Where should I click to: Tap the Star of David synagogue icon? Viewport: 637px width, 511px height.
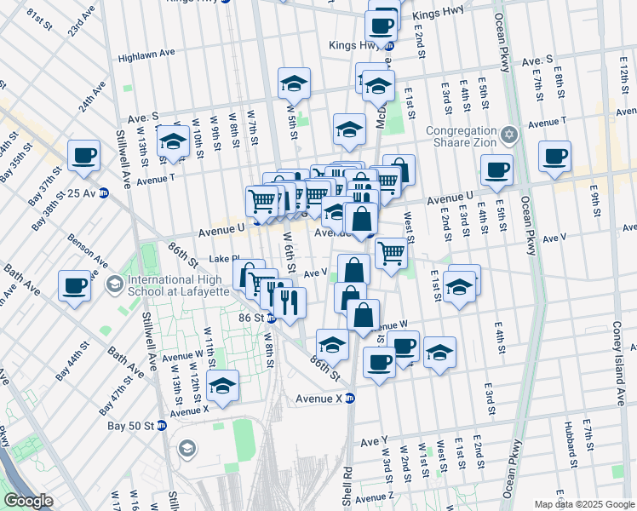click(x=509, y=135)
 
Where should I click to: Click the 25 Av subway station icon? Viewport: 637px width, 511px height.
click(x=104, y=193)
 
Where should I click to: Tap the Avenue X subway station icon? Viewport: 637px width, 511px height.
click(x=349, y=398)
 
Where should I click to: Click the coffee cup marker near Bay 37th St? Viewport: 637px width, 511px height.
click(x=83, y=156)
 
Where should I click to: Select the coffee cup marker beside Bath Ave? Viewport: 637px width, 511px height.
click(x=75, y=285)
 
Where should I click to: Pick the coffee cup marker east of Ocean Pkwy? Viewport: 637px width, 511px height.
click(x=554, y=157)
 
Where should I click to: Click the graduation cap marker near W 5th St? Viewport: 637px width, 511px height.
click(x=294, y=83)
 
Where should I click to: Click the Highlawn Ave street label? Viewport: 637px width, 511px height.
click(x=146, y=53)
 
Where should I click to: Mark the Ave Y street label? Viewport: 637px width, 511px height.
click(x=374, y=441)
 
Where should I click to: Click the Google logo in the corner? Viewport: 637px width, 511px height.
click(x=28, y=501)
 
